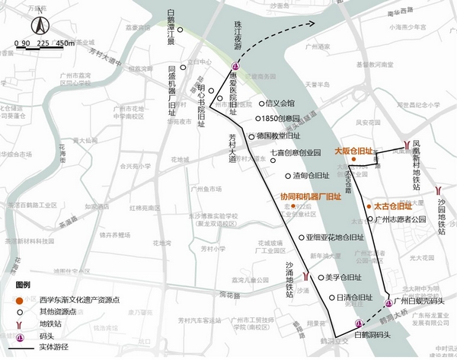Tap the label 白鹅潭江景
pyautogui.click(x=172, y=27)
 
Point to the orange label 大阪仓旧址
pyautogui.click(x=353, y=151)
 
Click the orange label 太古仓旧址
pyautogui.click(x=392, y=205)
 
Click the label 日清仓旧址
pyautogui.click(x=354, y=298)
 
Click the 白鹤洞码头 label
pyautogui.click(x=373, y=334)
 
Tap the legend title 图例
pyautogui.click(x=23, y=283)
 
